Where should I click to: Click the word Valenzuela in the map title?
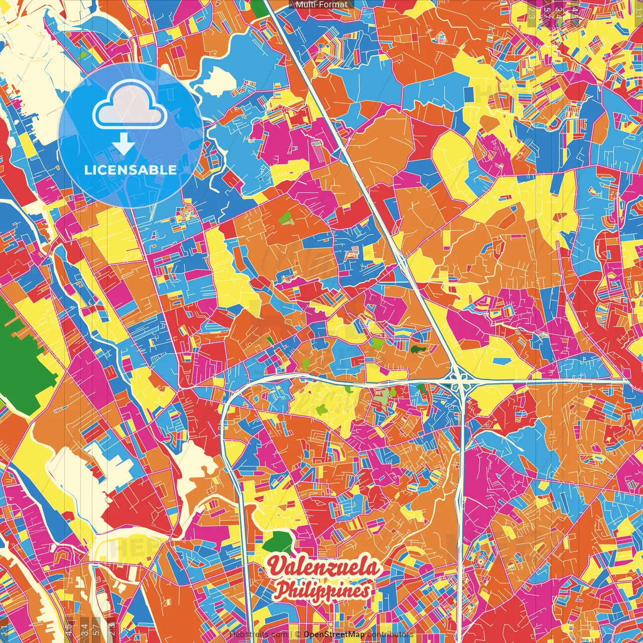coord(323,567)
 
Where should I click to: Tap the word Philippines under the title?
coord(323,590)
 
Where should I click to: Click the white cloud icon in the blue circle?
coord(130,106)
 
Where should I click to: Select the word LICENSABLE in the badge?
coord(130,170)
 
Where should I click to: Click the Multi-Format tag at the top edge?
coord(321,5)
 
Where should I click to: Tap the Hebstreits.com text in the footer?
coord(259,634)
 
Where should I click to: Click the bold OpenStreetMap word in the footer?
coord(334,634)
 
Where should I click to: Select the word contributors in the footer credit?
coord(390,634)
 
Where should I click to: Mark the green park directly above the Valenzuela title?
coord(277,543)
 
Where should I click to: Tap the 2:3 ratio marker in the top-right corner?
coord(531,14)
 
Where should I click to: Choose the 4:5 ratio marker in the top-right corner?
coord(575,12)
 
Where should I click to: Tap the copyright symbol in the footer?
coord(297,634)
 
